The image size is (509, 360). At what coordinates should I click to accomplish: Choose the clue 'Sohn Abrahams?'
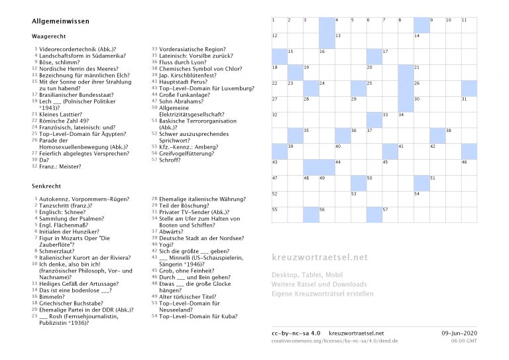click(182, 101)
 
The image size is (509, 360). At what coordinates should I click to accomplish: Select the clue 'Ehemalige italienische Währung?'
click(198, 199)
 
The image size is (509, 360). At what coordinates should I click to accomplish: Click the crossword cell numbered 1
click(279, 25)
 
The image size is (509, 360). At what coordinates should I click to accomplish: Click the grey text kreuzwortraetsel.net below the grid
click(319, 257)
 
